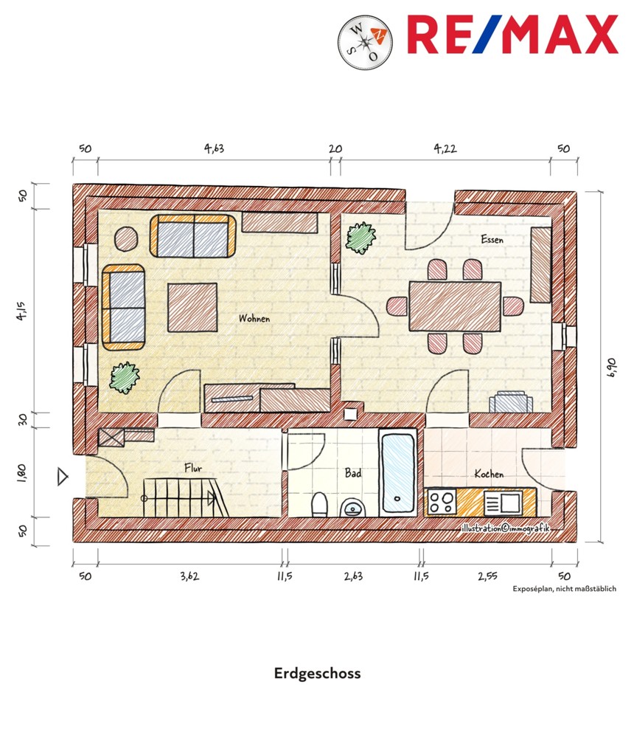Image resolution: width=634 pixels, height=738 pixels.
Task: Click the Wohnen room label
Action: [254, 318]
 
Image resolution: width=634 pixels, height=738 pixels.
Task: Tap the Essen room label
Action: [492, 239]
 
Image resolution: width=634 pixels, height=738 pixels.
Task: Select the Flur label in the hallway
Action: [193, 468]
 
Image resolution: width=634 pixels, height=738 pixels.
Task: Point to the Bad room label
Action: [352, 472]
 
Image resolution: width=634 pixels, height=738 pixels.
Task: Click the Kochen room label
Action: [489, 474]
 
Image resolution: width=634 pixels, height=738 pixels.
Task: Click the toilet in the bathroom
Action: [319, 504]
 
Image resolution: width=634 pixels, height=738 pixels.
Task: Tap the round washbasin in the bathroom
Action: [353, 508]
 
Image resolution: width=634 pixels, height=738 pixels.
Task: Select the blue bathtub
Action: [398, 473]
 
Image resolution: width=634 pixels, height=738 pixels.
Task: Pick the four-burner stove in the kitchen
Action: [442, 502]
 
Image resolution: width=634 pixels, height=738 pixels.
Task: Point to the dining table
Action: [455, 306]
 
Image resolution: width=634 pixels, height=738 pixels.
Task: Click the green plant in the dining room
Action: [361, 237]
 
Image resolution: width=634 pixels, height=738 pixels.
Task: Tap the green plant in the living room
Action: [125, 377]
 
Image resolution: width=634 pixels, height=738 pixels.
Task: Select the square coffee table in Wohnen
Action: [192, 307]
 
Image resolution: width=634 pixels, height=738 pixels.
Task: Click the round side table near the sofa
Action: [126, 238]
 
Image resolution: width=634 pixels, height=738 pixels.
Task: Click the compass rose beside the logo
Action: [365, 42]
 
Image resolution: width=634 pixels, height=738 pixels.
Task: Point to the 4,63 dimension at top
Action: [214, 149]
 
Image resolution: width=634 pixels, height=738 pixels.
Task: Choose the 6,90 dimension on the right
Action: [611, 368]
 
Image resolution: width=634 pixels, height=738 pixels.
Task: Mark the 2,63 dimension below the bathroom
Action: [353, 576]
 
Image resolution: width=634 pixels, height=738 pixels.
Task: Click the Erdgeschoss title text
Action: [318, 674]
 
